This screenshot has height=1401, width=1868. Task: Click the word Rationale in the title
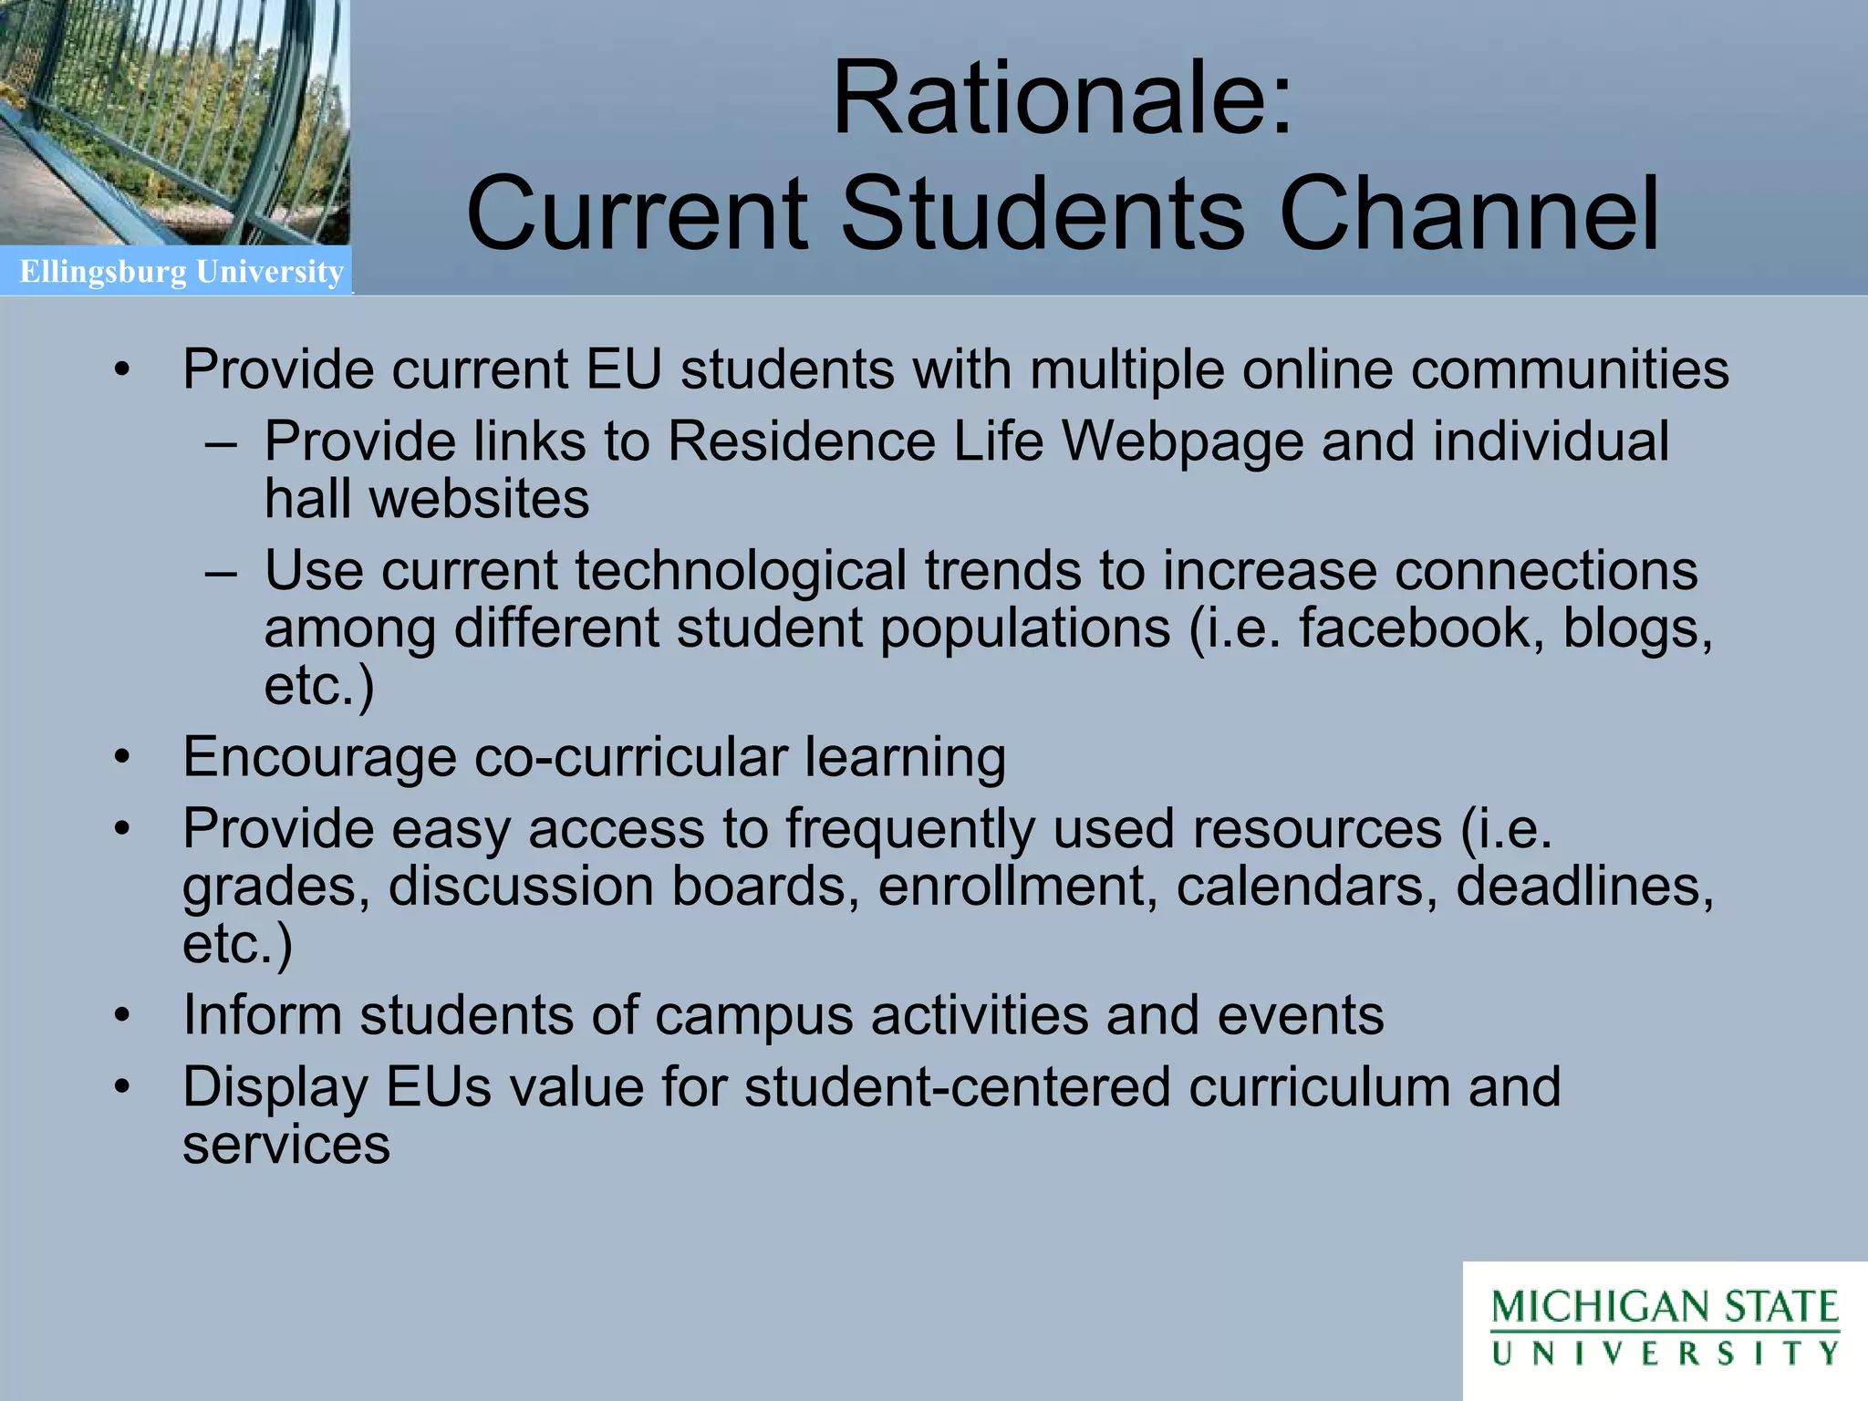click(1049, 99)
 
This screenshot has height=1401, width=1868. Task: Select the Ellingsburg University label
click(182, 272)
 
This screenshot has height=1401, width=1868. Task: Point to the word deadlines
click(1584, 886)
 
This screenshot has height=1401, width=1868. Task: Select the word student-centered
click(957, 1087)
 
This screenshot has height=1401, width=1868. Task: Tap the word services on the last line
click(286, 1145)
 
